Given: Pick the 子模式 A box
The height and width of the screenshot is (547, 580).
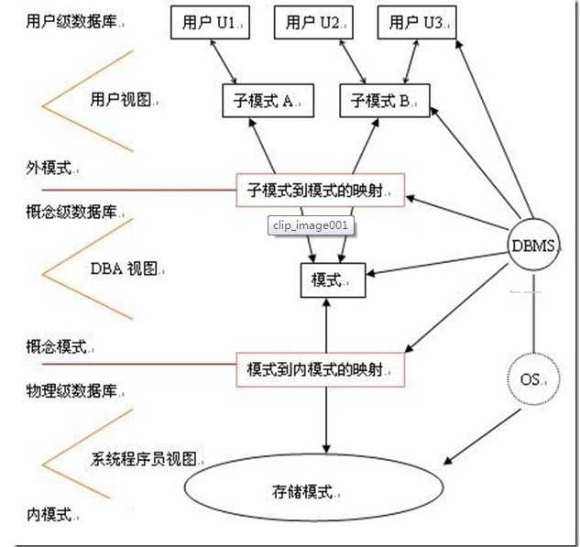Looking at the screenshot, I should (x=267, y=102).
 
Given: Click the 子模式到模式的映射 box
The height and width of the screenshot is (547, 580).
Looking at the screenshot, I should (x=320, y=191).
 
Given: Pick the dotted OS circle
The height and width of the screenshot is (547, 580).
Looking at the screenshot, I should (x=531, y=377).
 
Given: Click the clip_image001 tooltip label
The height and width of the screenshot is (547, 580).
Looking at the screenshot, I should (x=311, y=225).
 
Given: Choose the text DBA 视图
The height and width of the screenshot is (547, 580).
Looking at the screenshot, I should (x=126, y=268).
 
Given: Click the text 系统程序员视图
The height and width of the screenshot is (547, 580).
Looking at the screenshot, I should (x=147, y=458).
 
